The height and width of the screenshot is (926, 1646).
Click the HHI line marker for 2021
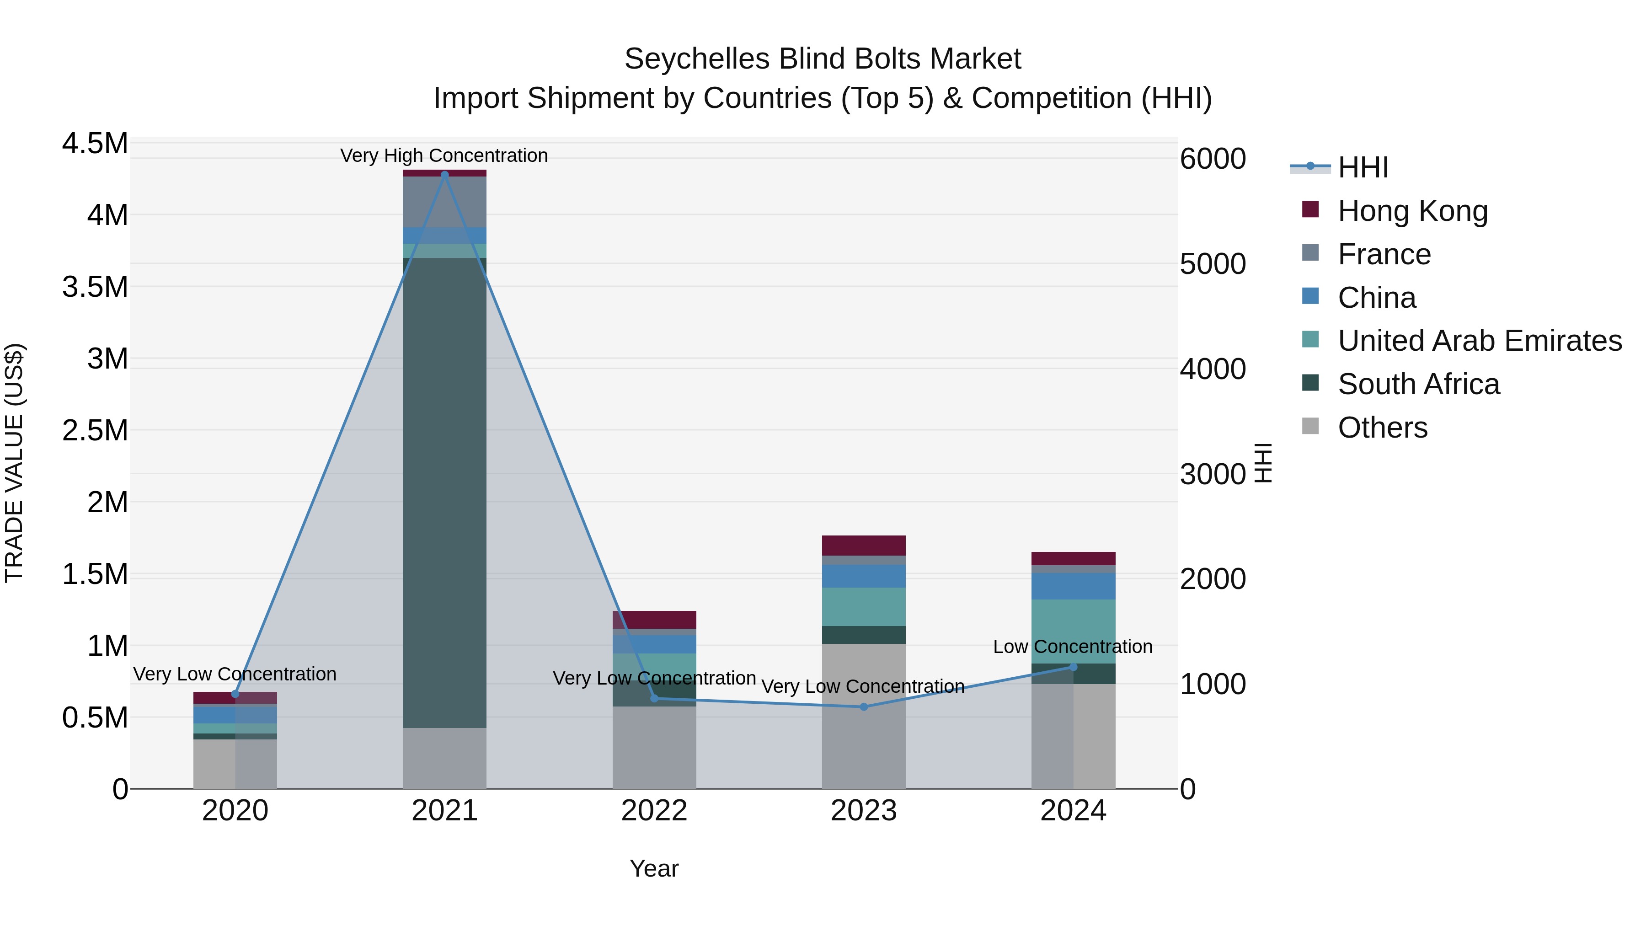tap(445, 175)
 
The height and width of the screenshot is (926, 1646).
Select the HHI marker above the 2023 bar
tap(863, 707)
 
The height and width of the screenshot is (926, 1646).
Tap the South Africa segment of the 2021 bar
tap(445, 492)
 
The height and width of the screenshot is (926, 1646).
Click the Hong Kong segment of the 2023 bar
tap(863, 545)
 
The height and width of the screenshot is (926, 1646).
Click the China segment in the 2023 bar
tap(863, 576)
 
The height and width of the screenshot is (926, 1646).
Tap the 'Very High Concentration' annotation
tap(444, 155)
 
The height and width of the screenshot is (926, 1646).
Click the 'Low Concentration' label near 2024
tap(1072, 647)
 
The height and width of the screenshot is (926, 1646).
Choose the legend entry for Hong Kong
tap(1412, 211)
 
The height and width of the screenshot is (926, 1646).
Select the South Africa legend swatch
tap(1310, 383)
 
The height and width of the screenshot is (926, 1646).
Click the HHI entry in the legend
tap(1363, 167)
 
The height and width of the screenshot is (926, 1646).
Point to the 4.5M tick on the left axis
tap(95, 143)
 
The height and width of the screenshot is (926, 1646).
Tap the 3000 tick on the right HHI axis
tap(1212, 474)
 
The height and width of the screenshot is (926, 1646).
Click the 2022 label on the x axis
tap(654, 811)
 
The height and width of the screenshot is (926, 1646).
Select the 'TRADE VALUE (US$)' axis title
tap(14, 463)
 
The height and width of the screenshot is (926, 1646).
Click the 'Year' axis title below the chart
tap(654, 868)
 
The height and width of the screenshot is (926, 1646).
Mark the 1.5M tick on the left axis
tap(95, 574)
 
